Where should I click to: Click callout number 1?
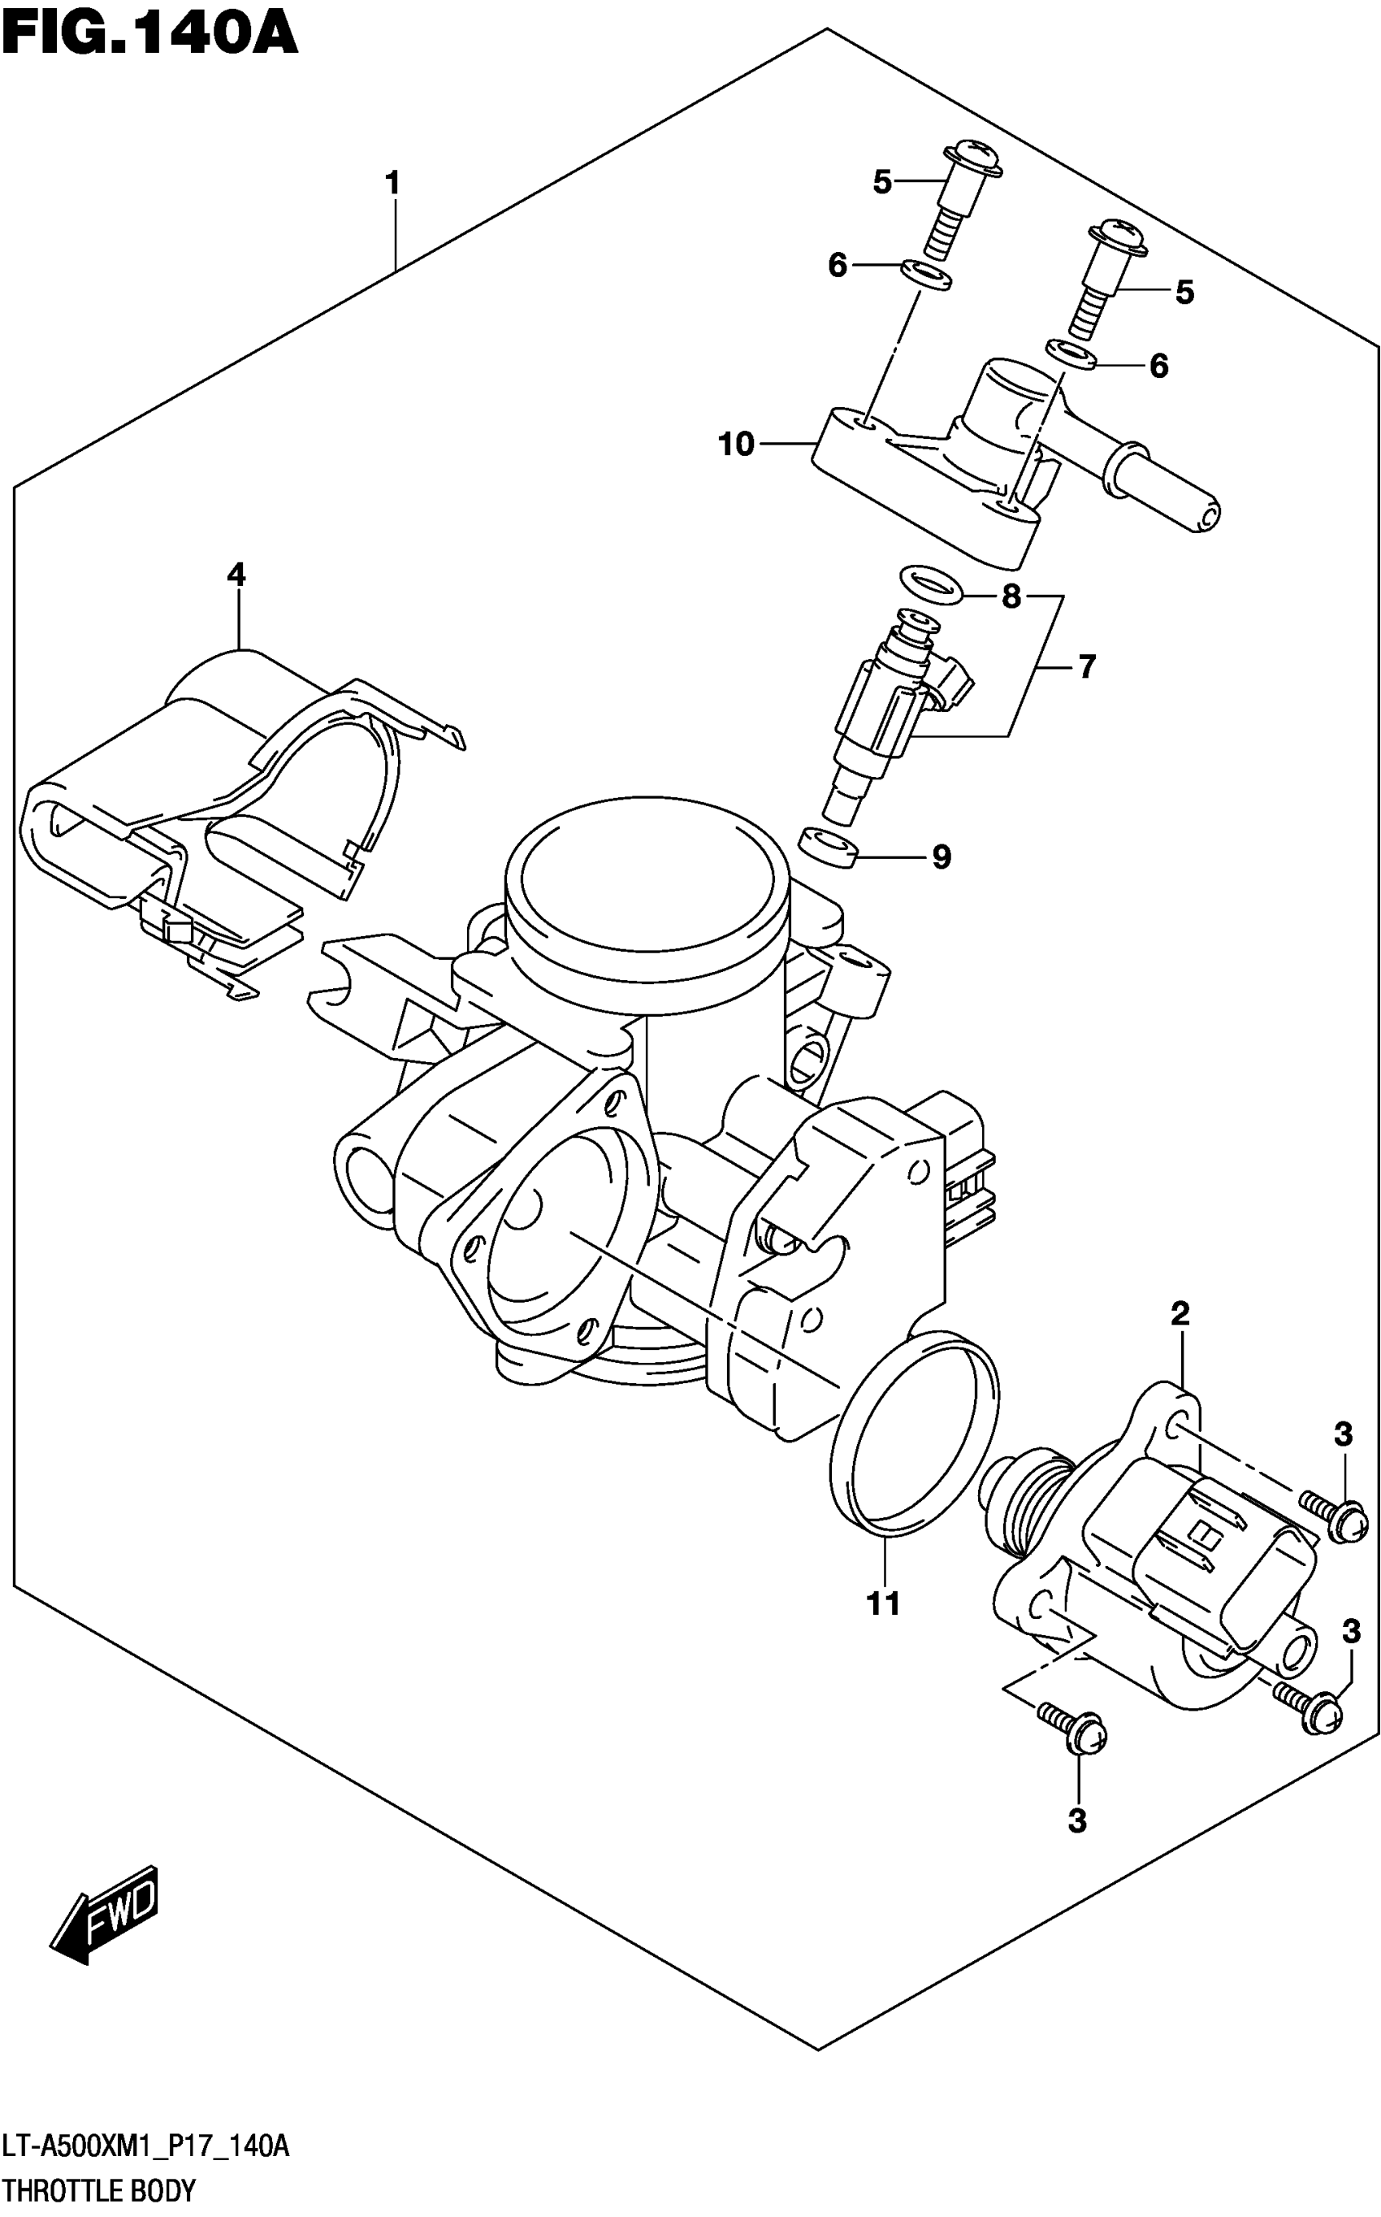click(392, 184)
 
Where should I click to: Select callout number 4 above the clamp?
click(236, 575)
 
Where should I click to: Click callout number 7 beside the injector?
click(1086, 667)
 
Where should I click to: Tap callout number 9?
click(941, 857)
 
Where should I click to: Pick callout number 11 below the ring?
click(883, 1603)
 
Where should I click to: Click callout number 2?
click(1180, 1314)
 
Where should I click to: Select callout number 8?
click(1011, 597)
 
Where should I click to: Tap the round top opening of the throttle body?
click(645, 882)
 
